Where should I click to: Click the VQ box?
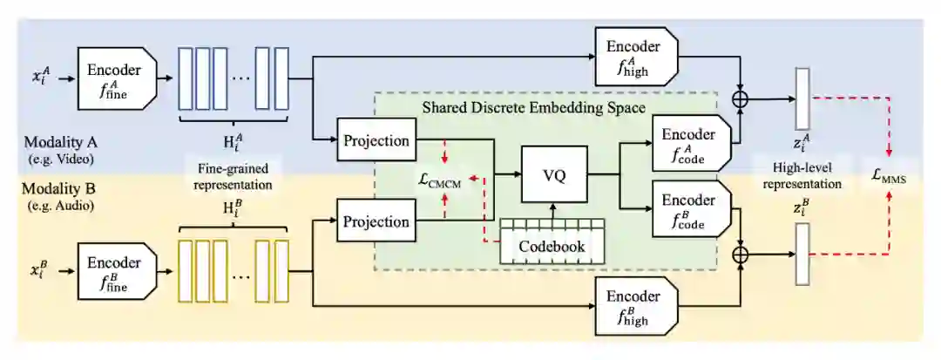[x=553, y=174]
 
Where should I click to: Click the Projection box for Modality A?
[x=376, y=141]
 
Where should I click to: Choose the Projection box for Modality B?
[x=376, y=221]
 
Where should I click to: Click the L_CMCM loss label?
[x=441, y=180]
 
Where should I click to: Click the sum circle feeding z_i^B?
[x=740, y=255]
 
